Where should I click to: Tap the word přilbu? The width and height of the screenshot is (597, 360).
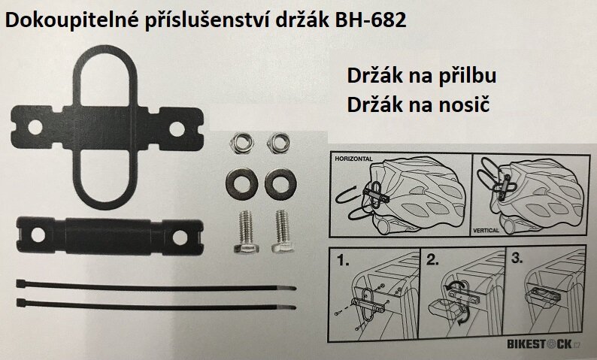click(466, 77)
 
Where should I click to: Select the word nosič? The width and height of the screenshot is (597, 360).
click(462, 104)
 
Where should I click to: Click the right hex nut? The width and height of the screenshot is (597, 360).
click(277, 142)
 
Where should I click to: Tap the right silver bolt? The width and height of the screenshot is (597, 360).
click(281, 229)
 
